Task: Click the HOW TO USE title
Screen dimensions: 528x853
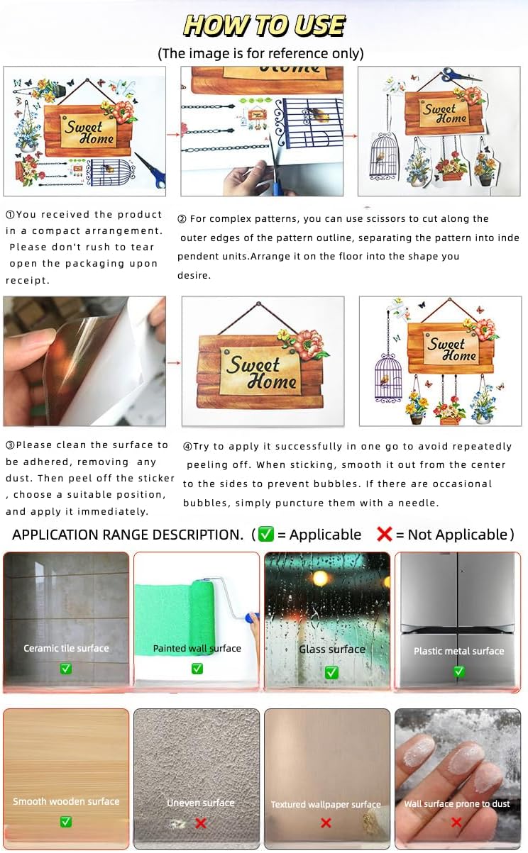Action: point(264,26)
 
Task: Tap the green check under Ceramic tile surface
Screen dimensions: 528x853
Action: point(66,669)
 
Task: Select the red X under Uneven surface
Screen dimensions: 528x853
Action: point(201,823)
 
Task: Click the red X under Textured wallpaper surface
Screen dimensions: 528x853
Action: point(326,823)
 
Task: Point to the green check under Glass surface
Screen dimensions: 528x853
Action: point(331,672)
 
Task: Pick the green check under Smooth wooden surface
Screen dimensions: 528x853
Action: point(66,821)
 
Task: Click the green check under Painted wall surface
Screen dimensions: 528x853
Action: point(197,669)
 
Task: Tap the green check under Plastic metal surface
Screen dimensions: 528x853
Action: point(459,671)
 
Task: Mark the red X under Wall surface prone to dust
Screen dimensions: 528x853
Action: point(456,823)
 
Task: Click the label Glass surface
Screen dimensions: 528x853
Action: point(332,649)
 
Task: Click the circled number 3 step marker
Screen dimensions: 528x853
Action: point(11,445)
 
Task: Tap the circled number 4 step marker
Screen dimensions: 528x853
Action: point(187,446)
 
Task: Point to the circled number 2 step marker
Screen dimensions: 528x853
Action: point(182,219)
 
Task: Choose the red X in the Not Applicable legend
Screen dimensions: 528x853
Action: point(384,534)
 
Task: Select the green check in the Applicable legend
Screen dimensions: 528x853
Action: point(266,534)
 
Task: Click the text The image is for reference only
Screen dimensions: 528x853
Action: point(260,53)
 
